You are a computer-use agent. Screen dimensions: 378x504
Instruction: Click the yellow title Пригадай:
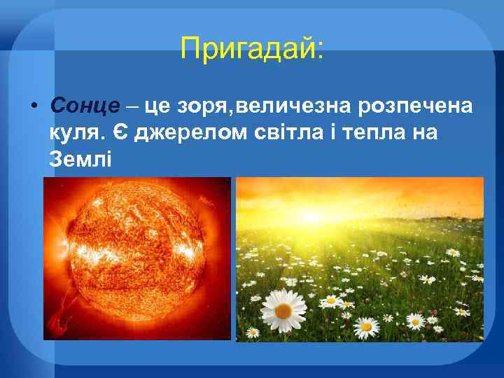point(252,48)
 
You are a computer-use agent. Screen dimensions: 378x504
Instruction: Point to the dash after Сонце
point(132,106)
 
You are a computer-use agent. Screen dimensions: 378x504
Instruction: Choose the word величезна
point(295,106)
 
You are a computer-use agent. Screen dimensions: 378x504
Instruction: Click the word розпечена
point(415,106)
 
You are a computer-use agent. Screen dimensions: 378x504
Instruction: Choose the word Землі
point(80,159)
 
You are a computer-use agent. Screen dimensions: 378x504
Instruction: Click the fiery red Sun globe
point(136,245)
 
